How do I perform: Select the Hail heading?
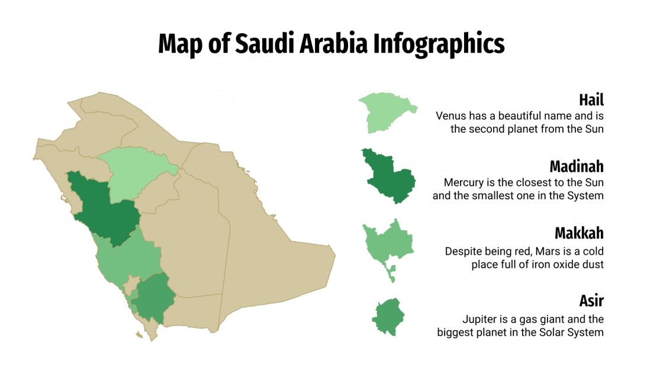591,99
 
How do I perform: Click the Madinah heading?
576,166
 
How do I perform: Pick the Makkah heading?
578,233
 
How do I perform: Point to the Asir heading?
591,300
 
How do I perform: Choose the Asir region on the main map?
153,296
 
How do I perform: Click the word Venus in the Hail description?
451,116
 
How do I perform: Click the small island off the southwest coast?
139,335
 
